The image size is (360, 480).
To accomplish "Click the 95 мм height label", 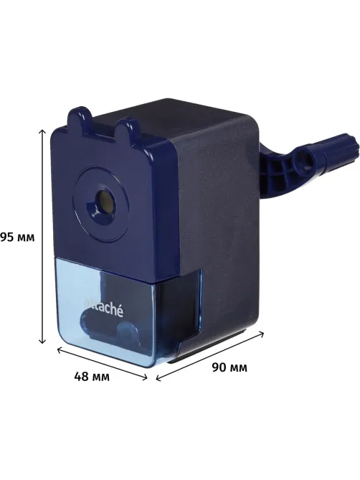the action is (x=17, y=237).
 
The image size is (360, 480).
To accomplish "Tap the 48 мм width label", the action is (x=92, y=377).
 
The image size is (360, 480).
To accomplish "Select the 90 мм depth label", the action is (x=229, y=367).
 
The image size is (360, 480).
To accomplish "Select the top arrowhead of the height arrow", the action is (x=42, y=132).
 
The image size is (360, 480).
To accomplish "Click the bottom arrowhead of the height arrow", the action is (x=42, y=340).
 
